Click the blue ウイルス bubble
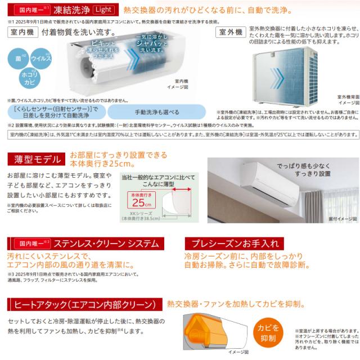click(x=40, y=58)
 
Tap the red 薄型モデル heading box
click(x=34, y=158)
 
